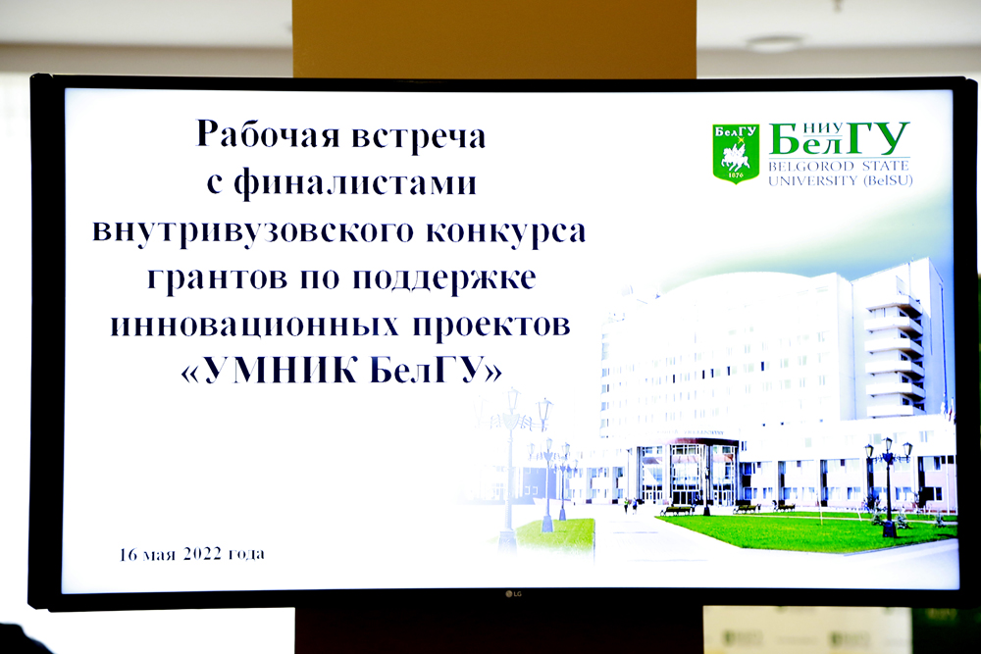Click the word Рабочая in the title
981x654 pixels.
point(267,135)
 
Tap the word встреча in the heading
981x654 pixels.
point(418,136)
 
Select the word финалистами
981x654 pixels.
point(355,183)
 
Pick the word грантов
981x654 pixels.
point(217,278)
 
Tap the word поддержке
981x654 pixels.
point(444,278)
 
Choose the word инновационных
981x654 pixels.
point(255,325)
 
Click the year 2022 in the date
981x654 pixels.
point(202,554)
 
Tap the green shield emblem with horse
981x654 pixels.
point(736,153)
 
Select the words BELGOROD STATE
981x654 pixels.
point(839,167)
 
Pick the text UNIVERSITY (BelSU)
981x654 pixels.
point(840,180)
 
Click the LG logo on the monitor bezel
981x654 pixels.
point(513,593)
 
